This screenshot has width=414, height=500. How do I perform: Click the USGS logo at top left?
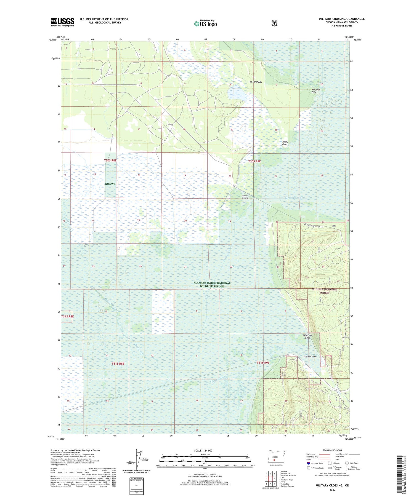tap(62, 22)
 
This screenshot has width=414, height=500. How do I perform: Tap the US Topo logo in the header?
tap(205, 24)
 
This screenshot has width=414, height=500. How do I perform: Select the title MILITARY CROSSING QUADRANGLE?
tap(342, 19)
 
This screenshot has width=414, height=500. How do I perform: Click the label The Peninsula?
tap(255, 82)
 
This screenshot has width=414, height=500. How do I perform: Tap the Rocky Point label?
tap(285, 143)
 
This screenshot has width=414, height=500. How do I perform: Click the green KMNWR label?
tap(110, 184)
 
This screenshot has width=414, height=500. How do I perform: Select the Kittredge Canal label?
tap(293, 198)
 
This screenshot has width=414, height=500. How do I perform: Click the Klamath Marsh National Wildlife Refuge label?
tap(212, 285)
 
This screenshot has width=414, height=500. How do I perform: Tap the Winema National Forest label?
tap(325, 291)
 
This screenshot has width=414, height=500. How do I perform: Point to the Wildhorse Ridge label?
tap(307, 336)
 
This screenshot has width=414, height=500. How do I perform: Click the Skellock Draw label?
tap(310, 356)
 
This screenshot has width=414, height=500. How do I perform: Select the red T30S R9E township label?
tap(254, 161)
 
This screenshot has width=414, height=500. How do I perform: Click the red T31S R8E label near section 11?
tap(118, 363)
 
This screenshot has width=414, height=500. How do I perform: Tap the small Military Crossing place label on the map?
tap(245, 197)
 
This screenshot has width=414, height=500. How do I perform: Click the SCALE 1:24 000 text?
tap(203, 450)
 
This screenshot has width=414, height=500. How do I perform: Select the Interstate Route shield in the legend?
tap(308, 463)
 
